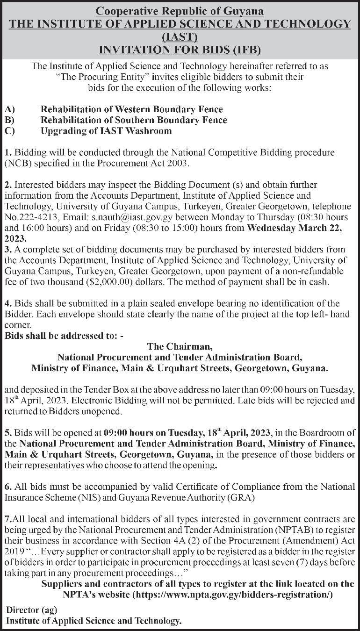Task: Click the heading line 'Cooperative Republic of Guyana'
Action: click(x=180, y=11)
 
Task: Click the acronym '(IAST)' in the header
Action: click(x=180, y=36)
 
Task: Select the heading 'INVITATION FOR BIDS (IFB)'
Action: click(x=180, y=49)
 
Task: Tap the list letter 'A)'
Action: click(x=10, y=109)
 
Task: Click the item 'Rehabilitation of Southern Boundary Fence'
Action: click(x=134, y=120)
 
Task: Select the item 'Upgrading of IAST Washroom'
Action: click(x=106, y=131)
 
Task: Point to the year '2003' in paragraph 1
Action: click(x=175, y=163)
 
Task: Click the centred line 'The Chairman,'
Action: click(x=180, y=347)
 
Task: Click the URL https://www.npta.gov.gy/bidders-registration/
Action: click(x=233, y=595)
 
